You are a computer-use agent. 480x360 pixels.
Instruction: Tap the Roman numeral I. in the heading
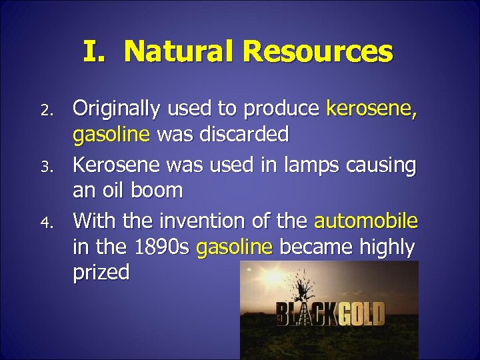point(99,51)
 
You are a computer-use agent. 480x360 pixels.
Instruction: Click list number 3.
point(45,164)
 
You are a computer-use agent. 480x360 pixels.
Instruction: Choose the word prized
point(101,274)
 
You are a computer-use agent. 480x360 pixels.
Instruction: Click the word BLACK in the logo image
point(303,313)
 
